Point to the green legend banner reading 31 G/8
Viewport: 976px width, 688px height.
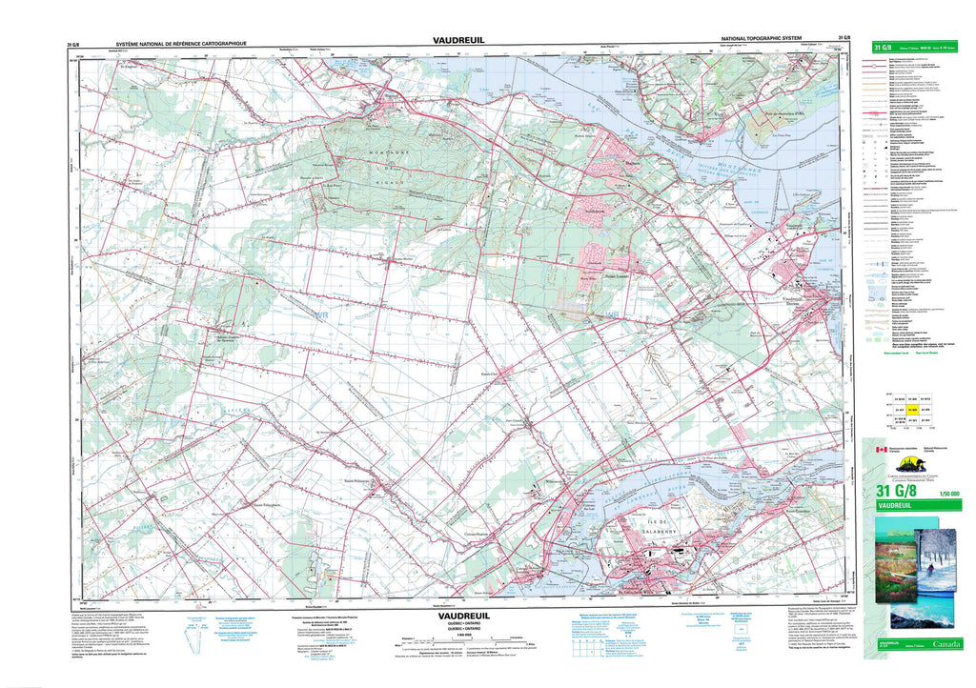pos(914,48)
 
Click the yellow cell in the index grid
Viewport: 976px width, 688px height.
pos(912,409)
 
